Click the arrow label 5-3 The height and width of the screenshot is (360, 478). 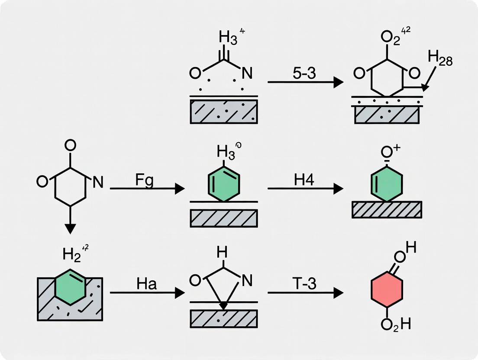tap(304, 74)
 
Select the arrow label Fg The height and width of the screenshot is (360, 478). tap(144, 180)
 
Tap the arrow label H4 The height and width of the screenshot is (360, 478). tap(304, 180)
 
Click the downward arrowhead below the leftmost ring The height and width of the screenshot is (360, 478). tap(70, 228)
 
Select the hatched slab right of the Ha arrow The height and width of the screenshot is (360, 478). tap(224, 319)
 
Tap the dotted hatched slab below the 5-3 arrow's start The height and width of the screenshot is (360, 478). tap(224, 112)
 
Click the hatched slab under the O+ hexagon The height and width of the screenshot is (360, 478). tap(387, 209)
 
